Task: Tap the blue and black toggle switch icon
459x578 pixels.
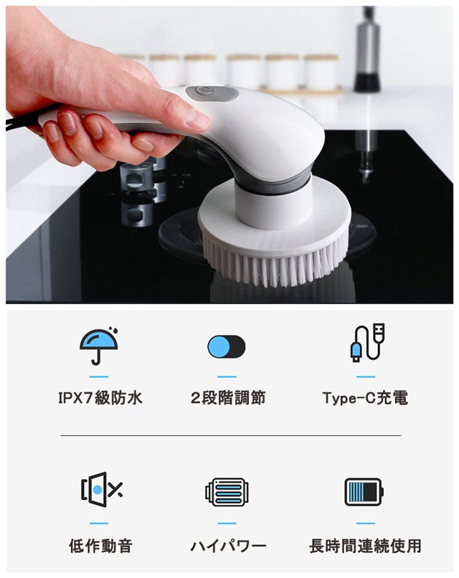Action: [227, 346]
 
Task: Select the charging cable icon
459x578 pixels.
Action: [367, 343]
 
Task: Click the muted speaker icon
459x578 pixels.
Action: [101, 490]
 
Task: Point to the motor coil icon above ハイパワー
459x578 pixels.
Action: [227, 492]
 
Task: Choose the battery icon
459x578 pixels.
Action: [364, 492]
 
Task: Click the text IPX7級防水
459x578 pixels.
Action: [100, 398]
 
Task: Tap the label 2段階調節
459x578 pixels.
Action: [228, 398]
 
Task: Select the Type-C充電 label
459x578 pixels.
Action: [365, 398]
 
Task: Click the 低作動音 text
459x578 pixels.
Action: [100, 546]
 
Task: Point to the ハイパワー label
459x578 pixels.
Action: [228, 546]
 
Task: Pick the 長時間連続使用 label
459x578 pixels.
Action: [365, 546]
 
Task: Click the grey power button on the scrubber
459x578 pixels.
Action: [211, 93]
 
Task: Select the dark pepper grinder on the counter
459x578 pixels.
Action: [366, 49]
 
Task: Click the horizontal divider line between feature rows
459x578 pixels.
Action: [231, 435]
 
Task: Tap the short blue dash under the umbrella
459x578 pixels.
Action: [99, 376]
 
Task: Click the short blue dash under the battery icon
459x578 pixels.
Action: [366, 523]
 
